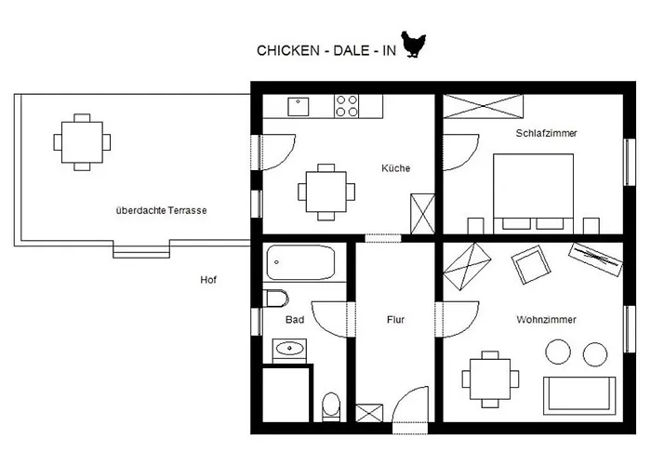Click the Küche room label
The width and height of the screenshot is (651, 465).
pyautogui.click(x=395, y=168)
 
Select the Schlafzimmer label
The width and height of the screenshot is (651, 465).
pyautogui.click(x=546, y=133)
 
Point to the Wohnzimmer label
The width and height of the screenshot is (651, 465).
pyautogui.click(x=546, y=320)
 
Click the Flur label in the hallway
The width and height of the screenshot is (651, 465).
pyautogui.click(x=396, y=320)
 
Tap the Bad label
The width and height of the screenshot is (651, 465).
pyautogui.click(x=296, y=320)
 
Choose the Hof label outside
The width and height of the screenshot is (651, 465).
pyautogui.click(x=208, y=280)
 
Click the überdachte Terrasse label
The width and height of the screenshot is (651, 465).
pyautogui.click(x=161, y=210)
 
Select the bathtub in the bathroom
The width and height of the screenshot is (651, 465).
pyautogui.click(x=299, y=263)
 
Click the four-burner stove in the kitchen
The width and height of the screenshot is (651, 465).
pyautogui.click(x=347, y=105)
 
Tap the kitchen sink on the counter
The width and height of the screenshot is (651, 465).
pyautogui.click(x=298, y=106)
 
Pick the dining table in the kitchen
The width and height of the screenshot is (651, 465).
pyautogui.click(x=325, y=192)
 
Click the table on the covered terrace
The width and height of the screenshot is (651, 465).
pyautogui.click(x=82, y=141)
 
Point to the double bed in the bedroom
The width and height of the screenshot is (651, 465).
pyautogui.click(x=533, y=191)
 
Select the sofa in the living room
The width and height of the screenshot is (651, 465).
pyautogui.click(x=578, y=394)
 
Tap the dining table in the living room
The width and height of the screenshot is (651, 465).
pyautogui.click(x=486, y=378)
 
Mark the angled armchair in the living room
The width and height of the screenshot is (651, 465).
pyautogui.click(x=533, y=264)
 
